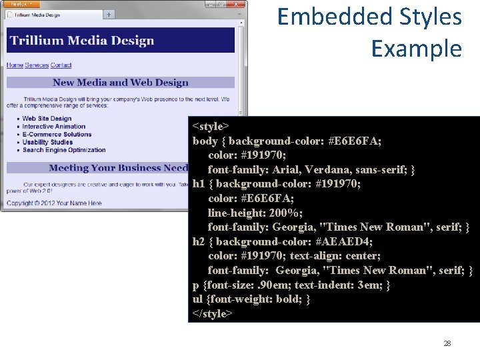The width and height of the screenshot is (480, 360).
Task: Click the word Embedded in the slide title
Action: coord(323,17)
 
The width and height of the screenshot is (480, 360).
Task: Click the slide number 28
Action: coord(447,343)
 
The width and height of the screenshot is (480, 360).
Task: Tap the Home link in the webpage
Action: coord(15,65)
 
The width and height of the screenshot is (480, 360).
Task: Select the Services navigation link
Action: coord(37,65)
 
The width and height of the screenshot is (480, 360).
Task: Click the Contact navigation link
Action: coord(61,65)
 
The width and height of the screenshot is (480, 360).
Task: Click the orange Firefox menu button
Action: coord(18,4)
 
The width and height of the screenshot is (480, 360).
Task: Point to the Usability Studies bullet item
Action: coord(47,142)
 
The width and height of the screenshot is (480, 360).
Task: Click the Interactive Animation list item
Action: coord(54,127)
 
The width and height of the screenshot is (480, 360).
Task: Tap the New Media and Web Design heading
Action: coord(121,83)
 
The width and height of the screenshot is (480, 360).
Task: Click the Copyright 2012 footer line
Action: coord(54,203)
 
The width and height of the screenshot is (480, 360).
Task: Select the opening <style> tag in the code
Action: coord(211,126)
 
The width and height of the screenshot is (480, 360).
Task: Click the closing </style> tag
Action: coord(213,313)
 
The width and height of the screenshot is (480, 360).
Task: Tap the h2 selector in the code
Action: coord(199,241)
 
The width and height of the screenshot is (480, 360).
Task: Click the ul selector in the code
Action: coord(198,299)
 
